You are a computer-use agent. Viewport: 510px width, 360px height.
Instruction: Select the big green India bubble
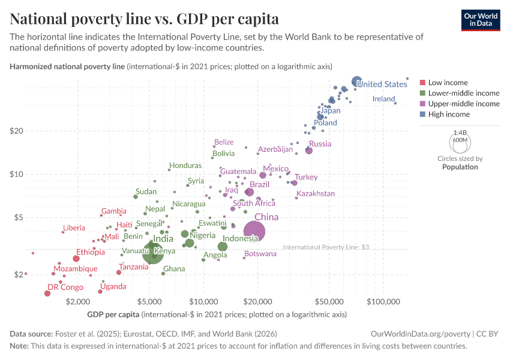click(152, 253)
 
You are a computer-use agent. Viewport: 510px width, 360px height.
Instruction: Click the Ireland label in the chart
click(383, 98)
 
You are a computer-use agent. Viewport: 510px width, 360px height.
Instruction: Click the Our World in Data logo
click(481, 20)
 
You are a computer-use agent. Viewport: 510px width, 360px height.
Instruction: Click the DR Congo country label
click(65, 287)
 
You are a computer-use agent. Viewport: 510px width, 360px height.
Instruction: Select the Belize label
click(224, 142)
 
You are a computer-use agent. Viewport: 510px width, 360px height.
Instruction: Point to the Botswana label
click(260, 254)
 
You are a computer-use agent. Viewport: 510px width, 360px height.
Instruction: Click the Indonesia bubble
click(223, 247)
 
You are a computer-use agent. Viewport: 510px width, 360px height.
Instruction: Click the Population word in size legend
click(460, 167)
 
